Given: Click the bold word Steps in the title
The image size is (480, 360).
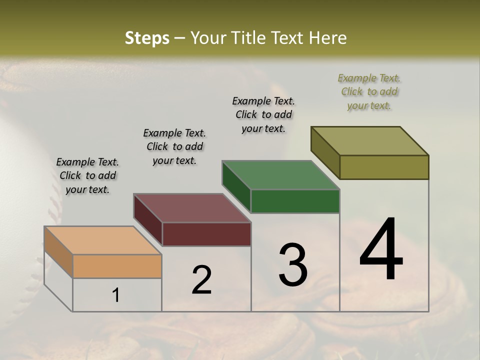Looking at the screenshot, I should point(147,38).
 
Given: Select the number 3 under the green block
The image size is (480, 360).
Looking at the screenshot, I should point(293,264).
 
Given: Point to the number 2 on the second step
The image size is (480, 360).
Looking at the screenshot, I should point(201,280).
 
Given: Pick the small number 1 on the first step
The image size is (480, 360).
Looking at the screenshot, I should point(115,295).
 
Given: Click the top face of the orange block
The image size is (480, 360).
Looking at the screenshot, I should point(103,240).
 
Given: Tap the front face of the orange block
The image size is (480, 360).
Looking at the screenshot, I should point(117,266).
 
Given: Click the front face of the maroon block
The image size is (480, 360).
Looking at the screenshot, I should point(206,234).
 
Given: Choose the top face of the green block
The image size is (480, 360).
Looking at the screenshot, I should point(281,175).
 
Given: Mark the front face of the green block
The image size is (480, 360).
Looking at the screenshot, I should point(295,201).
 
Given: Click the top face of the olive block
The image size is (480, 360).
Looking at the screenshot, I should point(370,140).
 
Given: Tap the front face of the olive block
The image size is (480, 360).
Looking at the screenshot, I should point(384,167).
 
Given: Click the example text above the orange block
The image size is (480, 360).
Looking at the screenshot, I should point(87,175).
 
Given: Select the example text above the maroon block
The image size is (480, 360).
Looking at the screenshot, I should point(174,146).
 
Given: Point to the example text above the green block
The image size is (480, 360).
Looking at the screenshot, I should point(263,114).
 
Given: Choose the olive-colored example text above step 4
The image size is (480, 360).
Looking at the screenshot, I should point(369,91).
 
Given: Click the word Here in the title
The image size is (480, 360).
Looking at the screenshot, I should point(329,38).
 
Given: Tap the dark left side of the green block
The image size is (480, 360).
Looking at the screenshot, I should point(236,186).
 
